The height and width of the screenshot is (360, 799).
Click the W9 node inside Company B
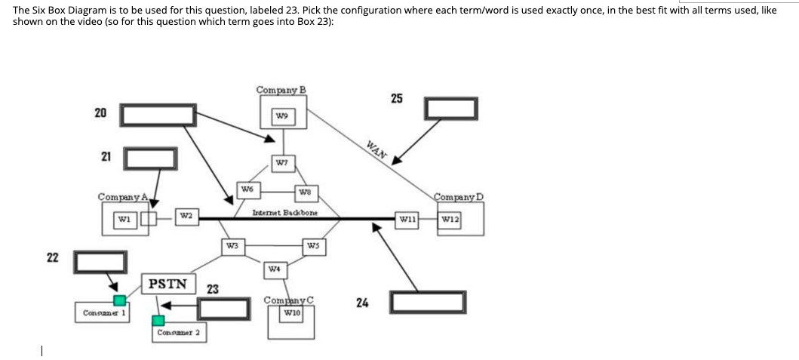[282, 116]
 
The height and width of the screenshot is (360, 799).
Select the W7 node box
[282, 162]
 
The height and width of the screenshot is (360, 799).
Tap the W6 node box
[246, 188]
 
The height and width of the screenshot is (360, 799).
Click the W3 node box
[233, 245]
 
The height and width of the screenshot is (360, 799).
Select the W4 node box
[275, 268]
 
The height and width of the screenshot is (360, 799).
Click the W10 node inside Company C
[291, 312]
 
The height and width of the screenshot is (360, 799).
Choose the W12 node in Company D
[451, 220]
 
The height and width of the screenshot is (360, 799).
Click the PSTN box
[168, 284]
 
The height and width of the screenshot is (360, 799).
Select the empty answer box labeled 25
[451, 109]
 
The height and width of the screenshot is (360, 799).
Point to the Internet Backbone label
[284, 213]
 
